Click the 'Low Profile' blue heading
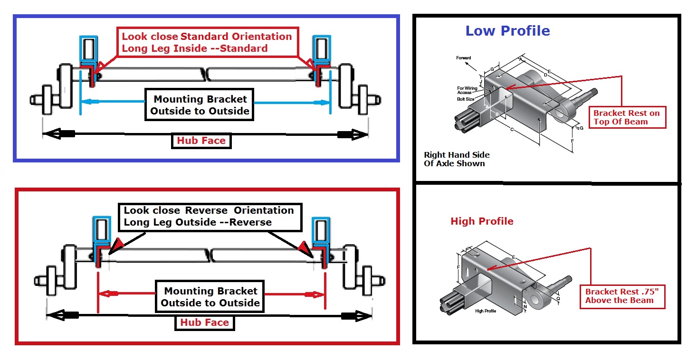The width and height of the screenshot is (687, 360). tap(507, 31)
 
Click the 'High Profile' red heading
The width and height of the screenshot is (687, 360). tap(482, 221)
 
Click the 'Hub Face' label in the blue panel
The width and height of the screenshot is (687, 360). tap(201, 141)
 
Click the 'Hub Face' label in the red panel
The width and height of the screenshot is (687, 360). tap(204, 322)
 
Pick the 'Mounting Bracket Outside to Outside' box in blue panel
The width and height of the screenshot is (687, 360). tap(200, 105)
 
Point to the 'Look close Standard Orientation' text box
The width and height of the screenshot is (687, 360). tap(207, 42)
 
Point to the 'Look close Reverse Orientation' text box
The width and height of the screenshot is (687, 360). tap(209, 216)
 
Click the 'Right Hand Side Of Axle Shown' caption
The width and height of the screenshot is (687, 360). tap(456, 159)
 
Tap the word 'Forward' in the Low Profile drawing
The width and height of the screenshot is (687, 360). tap(464, 58)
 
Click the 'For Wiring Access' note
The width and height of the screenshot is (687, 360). tap(467, 90)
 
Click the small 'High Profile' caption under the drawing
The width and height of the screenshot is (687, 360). tap(486, 311)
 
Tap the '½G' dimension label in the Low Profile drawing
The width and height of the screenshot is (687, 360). tap(579, 128)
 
